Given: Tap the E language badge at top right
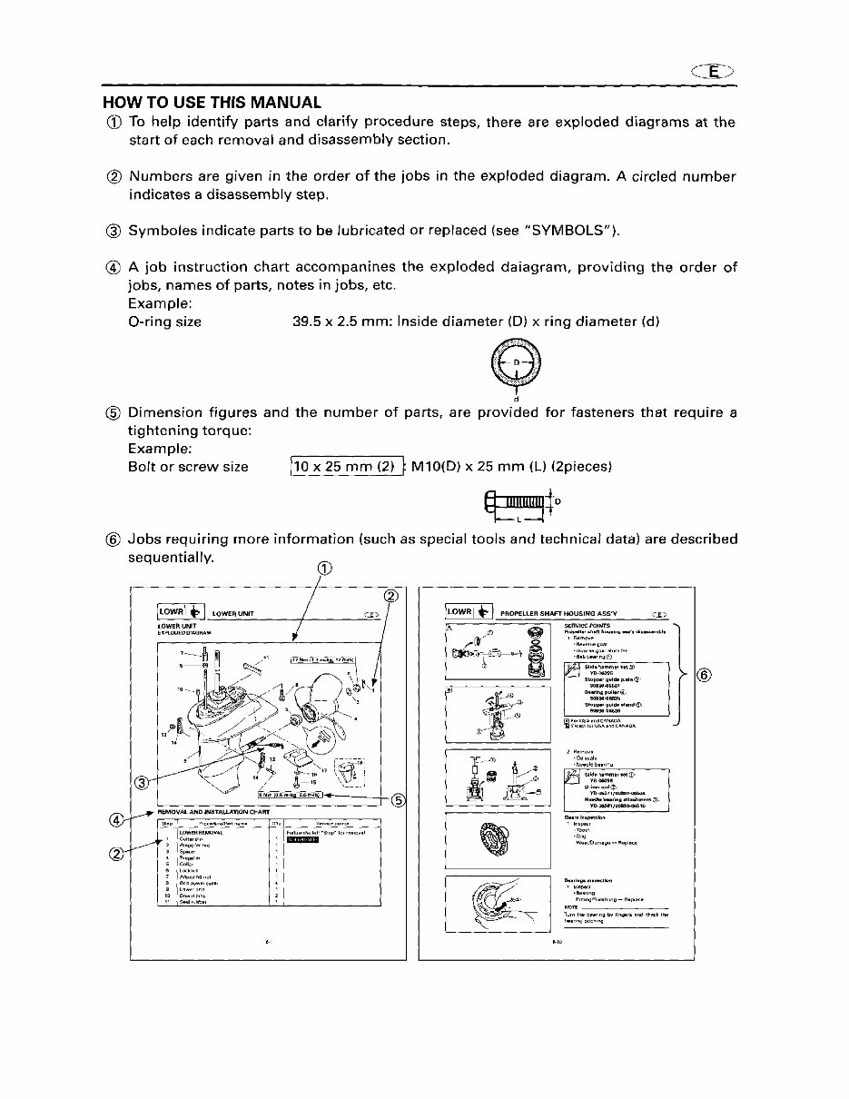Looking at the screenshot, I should click(x=716, y=73).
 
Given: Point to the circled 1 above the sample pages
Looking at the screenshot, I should click(x=324, y=569).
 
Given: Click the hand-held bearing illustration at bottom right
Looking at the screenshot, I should click(x=500, y=905).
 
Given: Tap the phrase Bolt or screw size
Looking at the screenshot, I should click(x=189, y=467).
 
